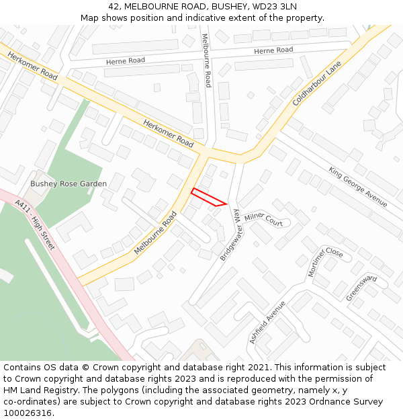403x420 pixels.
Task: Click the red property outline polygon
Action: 208,198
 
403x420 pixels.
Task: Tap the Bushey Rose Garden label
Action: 69,183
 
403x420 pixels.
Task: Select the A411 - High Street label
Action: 34,225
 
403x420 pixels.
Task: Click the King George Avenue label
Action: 357,186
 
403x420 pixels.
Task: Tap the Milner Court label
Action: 264,218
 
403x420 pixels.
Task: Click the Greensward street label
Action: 361,288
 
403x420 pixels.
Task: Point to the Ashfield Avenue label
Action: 267,322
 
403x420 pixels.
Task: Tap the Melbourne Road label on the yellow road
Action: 155,233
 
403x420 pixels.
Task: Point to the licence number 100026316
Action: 28,413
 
